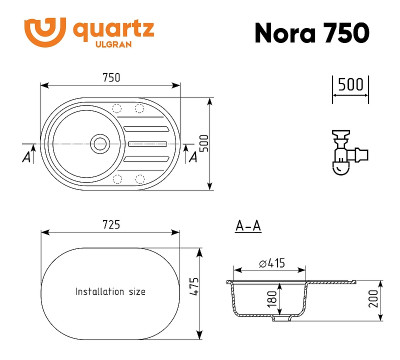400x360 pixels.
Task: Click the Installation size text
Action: (110, 292)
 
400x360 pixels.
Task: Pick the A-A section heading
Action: (247, 227)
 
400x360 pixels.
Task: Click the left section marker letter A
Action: (25, 156)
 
